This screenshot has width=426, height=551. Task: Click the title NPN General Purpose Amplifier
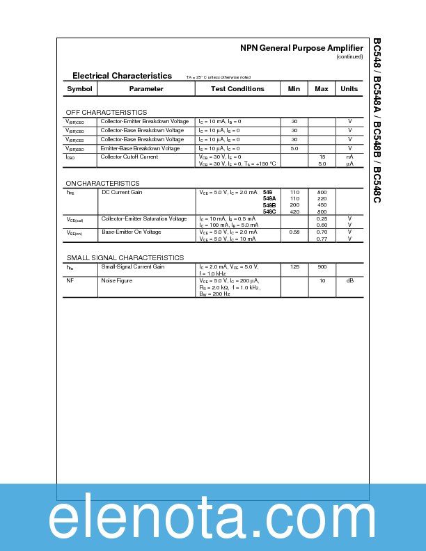point(301,48)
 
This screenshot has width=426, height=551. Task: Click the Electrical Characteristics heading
point(122,76)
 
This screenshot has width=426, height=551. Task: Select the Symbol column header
point(79,89)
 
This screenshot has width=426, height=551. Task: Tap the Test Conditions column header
point(238,89)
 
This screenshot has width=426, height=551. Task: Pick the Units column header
point(349,89)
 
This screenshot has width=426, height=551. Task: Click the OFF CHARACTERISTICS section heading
point(106,112)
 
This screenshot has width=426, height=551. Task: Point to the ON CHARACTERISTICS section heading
point(102,183)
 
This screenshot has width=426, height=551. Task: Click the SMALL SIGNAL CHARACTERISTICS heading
point(125,257)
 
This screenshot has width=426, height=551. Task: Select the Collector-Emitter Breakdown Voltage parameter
point(144,122)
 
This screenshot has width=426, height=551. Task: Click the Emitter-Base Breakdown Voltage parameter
point(140,149)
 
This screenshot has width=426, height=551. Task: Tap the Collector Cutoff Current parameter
point(129,157)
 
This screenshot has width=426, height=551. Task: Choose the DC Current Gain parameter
point(122,192)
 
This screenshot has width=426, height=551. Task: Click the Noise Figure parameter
point(116,280)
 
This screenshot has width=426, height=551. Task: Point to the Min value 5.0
point(294,149)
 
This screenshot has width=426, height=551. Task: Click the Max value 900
point(322,267)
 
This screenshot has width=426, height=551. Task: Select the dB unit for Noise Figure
point(349,280)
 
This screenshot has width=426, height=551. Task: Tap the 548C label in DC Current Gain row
point(269,211)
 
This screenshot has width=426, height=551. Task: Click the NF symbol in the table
point(70,280)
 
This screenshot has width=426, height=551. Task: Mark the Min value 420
point(294,211)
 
